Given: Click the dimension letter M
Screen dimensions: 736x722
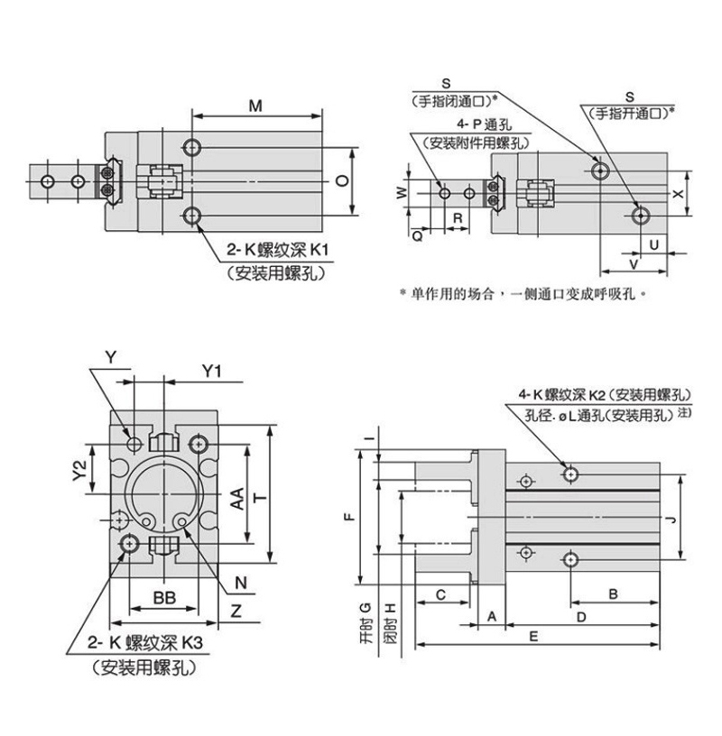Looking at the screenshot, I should [x=256, y=106].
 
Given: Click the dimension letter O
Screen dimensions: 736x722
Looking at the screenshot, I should [x=340, y=180].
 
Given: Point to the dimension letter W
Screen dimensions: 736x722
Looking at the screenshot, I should [x=402, y=191].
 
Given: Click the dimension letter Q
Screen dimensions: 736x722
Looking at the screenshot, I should [x=417, y=235].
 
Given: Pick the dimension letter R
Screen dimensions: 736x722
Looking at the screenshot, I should [x=457, y=219].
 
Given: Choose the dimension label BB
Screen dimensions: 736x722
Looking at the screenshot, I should [x=163, y=599].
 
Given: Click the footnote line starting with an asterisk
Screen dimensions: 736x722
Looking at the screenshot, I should [x=523, y=293].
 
